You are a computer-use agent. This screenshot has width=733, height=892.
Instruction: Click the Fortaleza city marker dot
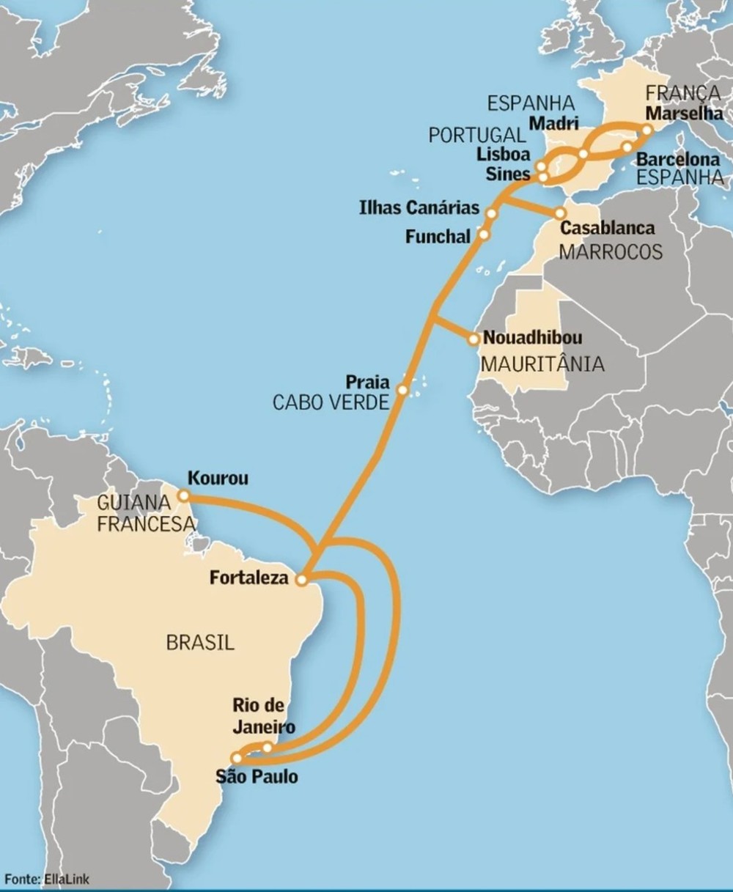pyautogui.click(x=301, y=580)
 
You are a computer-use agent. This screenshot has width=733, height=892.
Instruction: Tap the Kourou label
pyautogui.click(x=218, y=479)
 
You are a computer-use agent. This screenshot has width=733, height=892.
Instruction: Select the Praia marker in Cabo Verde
pyautogui.click(x=402, y=390)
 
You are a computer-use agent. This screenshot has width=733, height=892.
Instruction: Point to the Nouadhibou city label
pyautogui.click(x=533, y=338)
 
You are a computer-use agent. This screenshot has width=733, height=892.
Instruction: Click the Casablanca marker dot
pyautogui.click(x=561, y=213)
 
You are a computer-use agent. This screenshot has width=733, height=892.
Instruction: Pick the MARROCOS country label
pyautogui.click(x=611, y=252)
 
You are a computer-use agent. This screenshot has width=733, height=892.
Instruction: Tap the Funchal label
pyautogui.click(x=438, y=237)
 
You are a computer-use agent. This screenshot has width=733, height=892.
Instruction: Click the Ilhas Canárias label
pyautogui.click(x=419, y=207)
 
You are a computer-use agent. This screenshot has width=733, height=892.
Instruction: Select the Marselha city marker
pyautogui.click(x=647, y=130)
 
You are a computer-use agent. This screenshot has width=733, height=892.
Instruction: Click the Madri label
pyautogui.click(x=553, y=123)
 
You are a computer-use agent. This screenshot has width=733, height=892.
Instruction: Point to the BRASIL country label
pyautogui.click(x=200, y=643)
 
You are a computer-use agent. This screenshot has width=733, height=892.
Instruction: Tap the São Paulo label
pyautogui.click(x=257, y=776)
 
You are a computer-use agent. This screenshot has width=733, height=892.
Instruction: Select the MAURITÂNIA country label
pyautogui.click(x=542, y=364)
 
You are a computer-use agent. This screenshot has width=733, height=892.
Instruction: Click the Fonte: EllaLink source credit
pyautogui.click(x=48, y=879)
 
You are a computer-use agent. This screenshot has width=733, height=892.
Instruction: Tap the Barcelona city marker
pyautogui.click(x=627, y=147)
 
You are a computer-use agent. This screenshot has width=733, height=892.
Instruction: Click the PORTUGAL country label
pyautogui.click(x=477, y=136)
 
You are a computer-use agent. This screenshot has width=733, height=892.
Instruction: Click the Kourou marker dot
pyautogui.click(x=183, y=496)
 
